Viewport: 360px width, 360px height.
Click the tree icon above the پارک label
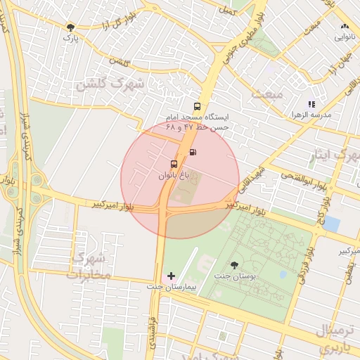coord(70,27)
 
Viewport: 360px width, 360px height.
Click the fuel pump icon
coord(193,151)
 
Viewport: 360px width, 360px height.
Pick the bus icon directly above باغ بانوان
coord(174,164)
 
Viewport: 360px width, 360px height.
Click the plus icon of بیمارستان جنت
coord(172,276)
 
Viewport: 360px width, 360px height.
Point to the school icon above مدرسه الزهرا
coord(311,104)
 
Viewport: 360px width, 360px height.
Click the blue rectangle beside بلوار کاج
coord(332,224)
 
